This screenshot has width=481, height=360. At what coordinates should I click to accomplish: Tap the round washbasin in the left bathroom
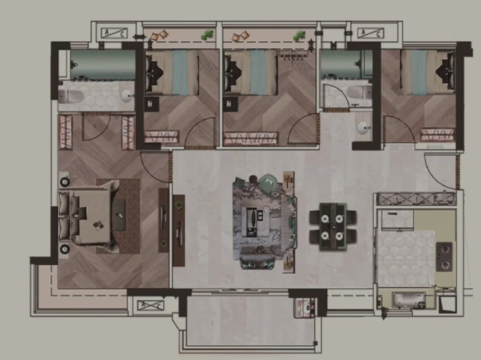(x=126, y=96)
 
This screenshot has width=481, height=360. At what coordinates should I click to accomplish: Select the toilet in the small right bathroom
(x=359, y=92)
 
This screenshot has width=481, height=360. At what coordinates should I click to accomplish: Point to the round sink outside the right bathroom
(x=363, y=128)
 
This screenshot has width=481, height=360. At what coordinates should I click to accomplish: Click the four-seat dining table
(x=333, y=226)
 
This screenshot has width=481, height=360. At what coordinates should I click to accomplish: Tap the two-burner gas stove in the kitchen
(x=444, y=256)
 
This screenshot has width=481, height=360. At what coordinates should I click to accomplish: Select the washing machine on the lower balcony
(x=304, y=308)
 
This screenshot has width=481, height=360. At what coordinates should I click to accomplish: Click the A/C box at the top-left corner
(x=114, y=33)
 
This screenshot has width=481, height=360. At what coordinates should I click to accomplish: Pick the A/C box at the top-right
(x=371, y=33)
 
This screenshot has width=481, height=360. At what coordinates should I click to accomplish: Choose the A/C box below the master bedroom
(x=150, y=306)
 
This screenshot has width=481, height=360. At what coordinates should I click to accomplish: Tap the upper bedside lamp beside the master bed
(x=64, y=182)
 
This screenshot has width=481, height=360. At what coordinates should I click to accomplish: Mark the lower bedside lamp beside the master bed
(x=64, y=249)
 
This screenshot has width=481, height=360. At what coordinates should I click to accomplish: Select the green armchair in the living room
(x=269, y=183)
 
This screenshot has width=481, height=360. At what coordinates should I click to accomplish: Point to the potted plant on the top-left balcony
(x=208, y=35)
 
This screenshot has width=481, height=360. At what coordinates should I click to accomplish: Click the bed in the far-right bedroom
(x=428, y=72)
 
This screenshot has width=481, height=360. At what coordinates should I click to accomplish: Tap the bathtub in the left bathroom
(x=103, y=65)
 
